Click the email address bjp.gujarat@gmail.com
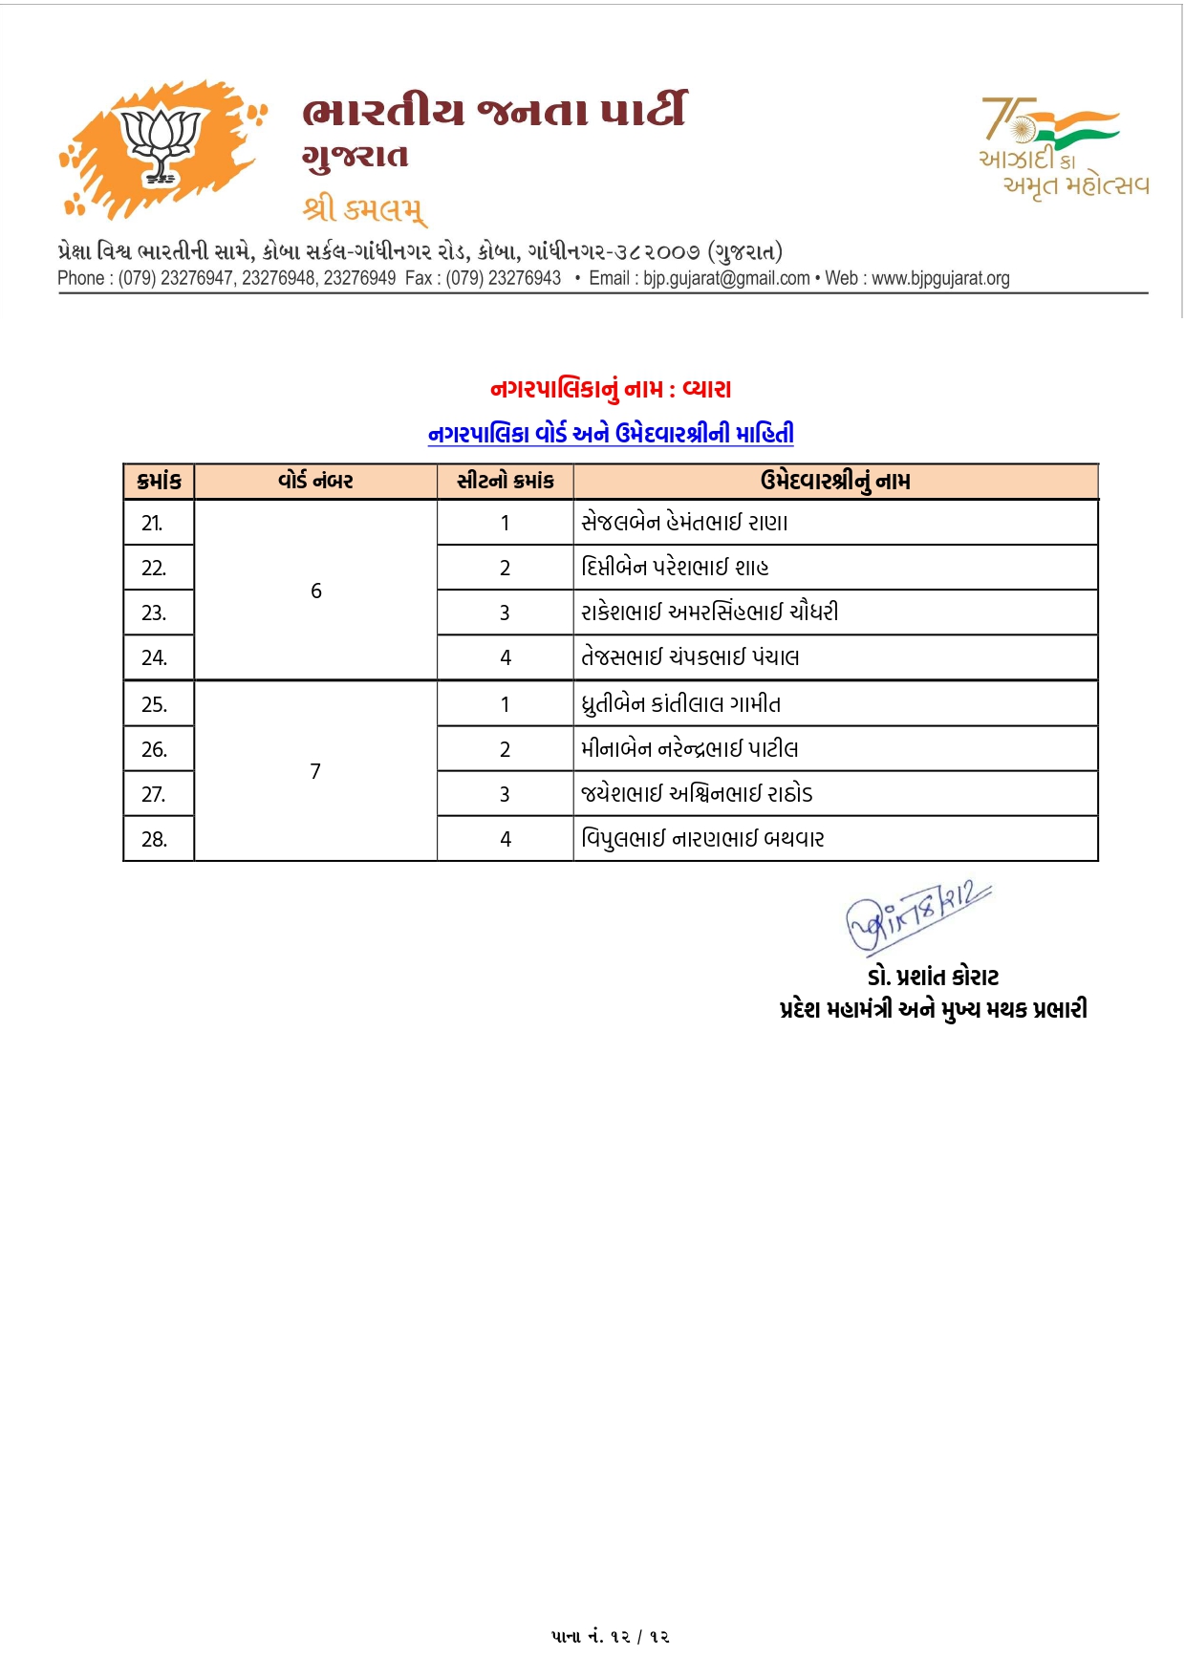(x=726, y=278)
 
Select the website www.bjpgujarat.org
(x=940, y=278)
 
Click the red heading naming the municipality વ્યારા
(x=611, y=389)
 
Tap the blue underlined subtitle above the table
(x=611, y=434)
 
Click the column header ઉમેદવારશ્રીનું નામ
(x=835, y=481)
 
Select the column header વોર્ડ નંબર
(x=315, y=481)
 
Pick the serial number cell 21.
(x=153, y=523)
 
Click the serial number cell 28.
(x=154, y=839)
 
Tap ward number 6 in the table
(x=316, y=591)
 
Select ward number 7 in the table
(x=315, y=771)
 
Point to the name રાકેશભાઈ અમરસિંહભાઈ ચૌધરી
(x=709, y=612)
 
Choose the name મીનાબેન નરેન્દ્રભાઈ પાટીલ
(x=689, y=749)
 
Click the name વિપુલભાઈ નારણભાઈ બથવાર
(x=702, y=839)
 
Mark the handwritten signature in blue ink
(x=916, y=915)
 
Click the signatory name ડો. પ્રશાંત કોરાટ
(x=933, y=977)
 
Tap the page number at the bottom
(x=610, y=1636)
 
